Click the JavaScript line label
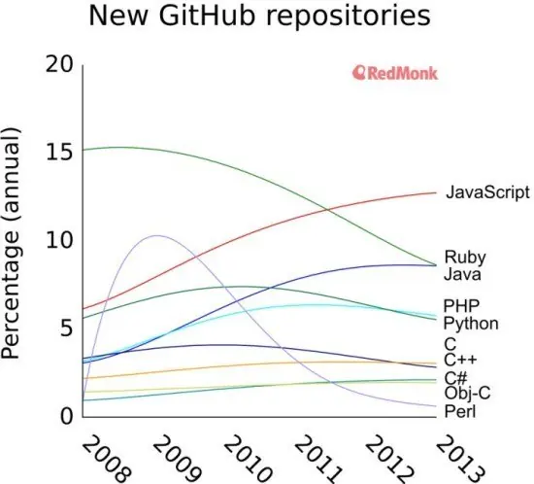click(x=487, y=192)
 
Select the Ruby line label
click(x=465, y=257)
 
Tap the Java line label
click(x=462, y=274)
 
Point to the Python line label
click(x=471, y=324)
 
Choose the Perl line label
click(x=460, y=411)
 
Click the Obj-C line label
click(x=467, y=393)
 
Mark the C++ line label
click(x=460, y=360)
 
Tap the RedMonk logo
click(x=395, y=73)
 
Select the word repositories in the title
click(x=349, y=17)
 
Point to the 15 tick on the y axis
click(x=59, y=152)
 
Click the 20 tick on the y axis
click(x=59, y=64)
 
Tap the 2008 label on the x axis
click(x=106, y=458)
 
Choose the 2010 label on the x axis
click(x=248, y=458)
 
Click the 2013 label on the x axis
click(x=460, y=458)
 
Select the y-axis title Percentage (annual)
click(x=11, y=243)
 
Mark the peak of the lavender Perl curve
click(x=157, y=235)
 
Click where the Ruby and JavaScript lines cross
click(x=327, y=210)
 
